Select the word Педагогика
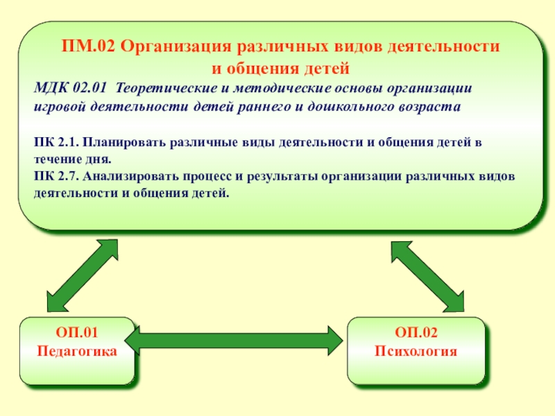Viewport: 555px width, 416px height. pyautogui.click(x=76, y=351)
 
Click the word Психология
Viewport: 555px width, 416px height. pyautogui.click(x=416, y=351)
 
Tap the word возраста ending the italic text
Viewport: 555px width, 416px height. pyautogui.click(x=432, y=107)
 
